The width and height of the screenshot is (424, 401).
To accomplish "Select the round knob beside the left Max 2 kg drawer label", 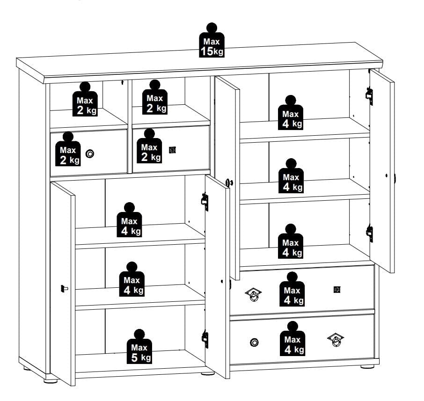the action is point(90,154).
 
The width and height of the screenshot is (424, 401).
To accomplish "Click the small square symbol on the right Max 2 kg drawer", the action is point(172,150).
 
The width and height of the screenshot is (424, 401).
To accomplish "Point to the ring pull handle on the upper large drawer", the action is point(253,294).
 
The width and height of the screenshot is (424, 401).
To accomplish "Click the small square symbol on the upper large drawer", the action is point(337,290).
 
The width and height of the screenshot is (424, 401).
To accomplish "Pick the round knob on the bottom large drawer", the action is point(254,343).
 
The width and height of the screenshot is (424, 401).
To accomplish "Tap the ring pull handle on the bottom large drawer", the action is point(336,340).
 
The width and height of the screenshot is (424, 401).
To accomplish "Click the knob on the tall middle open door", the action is point(230,183).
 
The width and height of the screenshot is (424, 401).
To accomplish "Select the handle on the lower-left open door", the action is point(65,289).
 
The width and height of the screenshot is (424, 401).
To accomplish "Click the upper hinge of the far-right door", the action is point(369,96).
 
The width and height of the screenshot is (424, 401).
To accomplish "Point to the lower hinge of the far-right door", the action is point(370,233).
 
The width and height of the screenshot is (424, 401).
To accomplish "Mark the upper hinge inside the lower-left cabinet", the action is point(205,202).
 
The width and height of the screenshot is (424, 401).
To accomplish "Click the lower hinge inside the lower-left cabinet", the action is point(205,339).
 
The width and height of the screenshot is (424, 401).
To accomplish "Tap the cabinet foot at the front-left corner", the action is point(51,380).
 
